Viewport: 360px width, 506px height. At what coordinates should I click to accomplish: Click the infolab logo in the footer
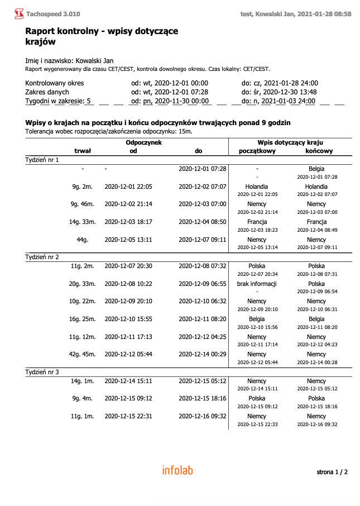pyautogui.click(x=177, y=470)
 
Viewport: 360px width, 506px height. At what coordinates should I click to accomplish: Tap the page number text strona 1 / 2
pyautogui.click(x=332, y=472)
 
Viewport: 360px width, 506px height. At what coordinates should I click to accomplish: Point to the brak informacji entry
pyautogui.click(x=256, y=284)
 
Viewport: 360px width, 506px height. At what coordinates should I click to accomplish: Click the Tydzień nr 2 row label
pyautogui.click(x=42, y=257)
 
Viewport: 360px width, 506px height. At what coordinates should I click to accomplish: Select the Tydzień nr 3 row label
pyautogui.click(x=42, y=371)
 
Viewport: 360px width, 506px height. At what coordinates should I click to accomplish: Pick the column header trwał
pyautogui.click(x=83, y=151)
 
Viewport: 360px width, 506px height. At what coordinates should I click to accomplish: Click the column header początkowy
pyautogui.click(x=257, y=151)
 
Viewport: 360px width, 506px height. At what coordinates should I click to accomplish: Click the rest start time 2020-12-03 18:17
pyautogui.click(x=128, y=222)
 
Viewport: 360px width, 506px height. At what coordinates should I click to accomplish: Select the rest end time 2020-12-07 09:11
pyautogui.click(x=202, y=240)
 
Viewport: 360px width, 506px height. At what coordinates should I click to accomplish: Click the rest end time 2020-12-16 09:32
pyautogui.click(x=202, y=416)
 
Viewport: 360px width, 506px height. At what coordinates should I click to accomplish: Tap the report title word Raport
pyautogui.click(x=41, y=31)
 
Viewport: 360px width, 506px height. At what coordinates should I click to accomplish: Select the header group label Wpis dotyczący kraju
pyautogui.click(x=290, y=142)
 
